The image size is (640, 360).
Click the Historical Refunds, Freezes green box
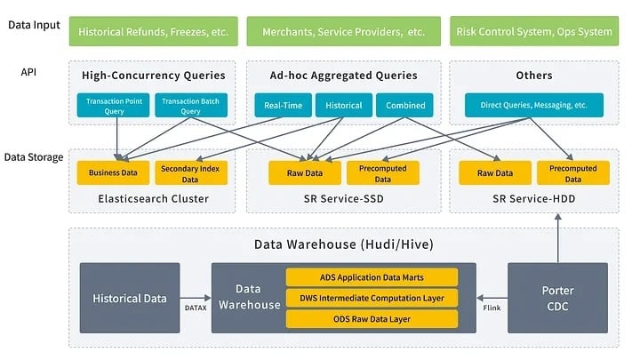pos(153,31)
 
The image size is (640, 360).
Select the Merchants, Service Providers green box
pos(343,31)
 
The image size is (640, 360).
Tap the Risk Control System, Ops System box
pos(533,31)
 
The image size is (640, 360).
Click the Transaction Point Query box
pos(115,107)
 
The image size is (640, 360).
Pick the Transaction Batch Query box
pos(190,107)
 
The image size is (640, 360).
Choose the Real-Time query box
pos(283,106)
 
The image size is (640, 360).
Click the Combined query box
pos(405,106)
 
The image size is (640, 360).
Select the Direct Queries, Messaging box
pos(533,106)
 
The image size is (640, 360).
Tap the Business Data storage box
pos(112,173)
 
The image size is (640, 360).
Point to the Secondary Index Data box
pos(191,173)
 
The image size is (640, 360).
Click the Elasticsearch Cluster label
pos(153,199)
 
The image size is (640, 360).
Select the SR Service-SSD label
pos(343,199)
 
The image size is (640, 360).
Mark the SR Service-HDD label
pos(533,199)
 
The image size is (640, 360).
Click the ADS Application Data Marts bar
pos(372,277)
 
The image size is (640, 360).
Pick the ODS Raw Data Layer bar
pos(372,318)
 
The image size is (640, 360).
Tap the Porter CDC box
pos(557,297)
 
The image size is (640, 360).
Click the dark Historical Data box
pos(129,297)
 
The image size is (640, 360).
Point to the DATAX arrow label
pos(196,307)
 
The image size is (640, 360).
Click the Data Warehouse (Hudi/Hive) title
pos(343,244)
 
